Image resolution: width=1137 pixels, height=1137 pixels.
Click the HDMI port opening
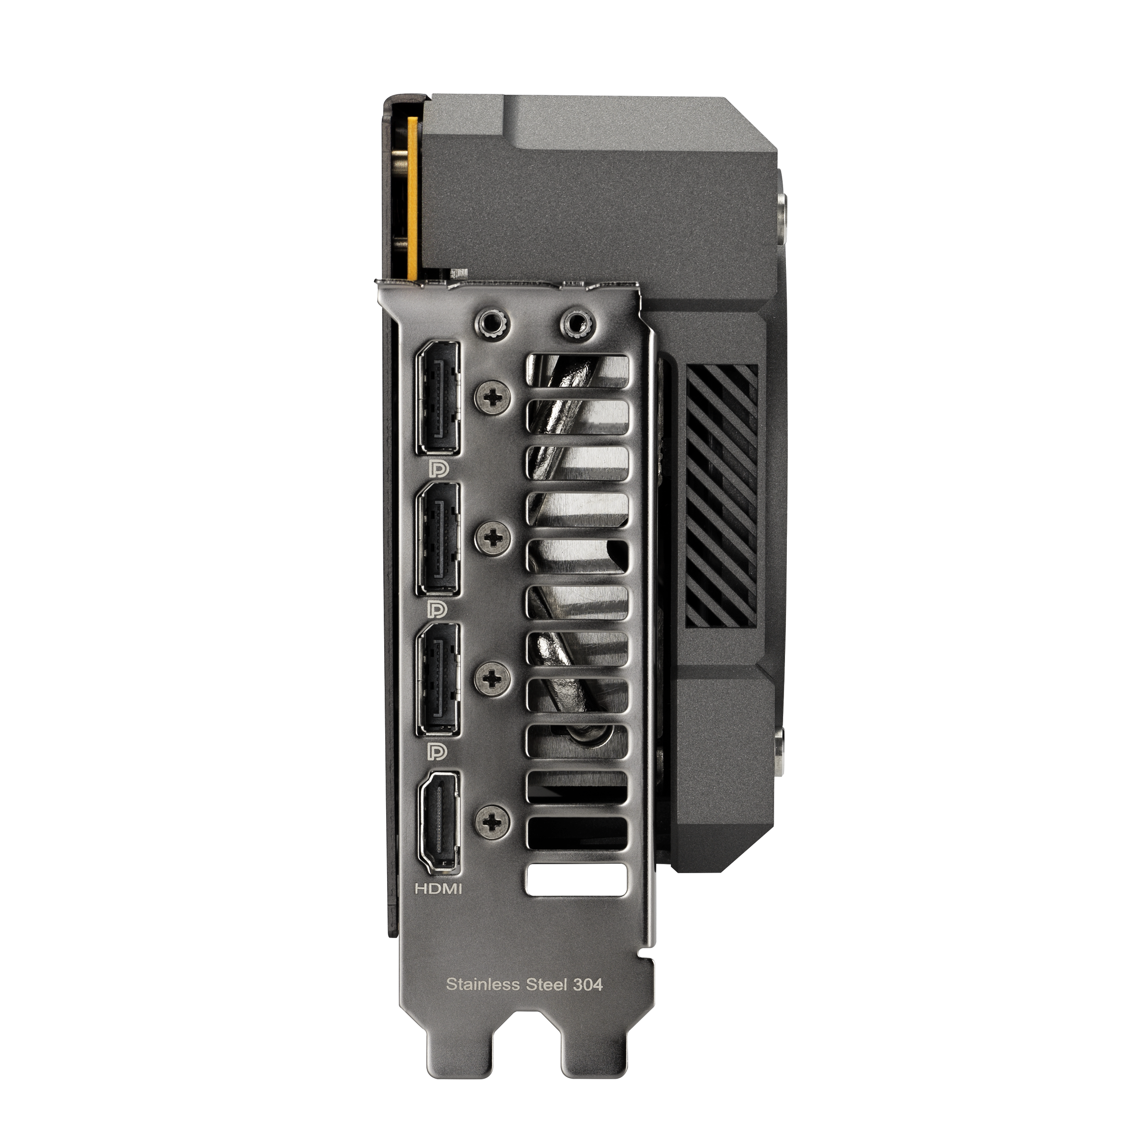tap(438, 821)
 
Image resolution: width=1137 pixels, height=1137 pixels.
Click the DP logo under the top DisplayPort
tap(438, 468)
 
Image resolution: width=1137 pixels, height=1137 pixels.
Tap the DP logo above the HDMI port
tap(438, 750)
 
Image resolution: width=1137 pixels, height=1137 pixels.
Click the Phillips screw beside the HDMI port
tap(493, 820)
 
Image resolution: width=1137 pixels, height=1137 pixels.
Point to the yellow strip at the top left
tap(413, 197)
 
